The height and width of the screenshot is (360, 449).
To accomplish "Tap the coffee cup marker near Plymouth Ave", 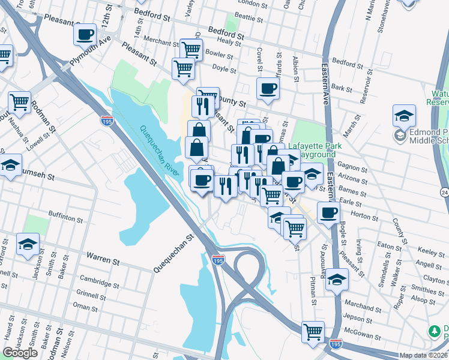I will pos(85,34).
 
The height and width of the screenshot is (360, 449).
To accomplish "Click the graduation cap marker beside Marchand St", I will pos(337,280).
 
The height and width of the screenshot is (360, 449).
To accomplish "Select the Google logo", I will pos(20,353).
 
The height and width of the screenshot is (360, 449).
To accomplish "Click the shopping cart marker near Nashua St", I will pos(19,103).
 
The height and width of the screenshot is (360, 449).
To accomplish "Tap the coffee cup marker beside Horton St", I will pos(328,213).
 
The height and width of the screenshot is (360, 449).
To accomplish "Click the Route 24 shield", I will pos(444,192).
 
